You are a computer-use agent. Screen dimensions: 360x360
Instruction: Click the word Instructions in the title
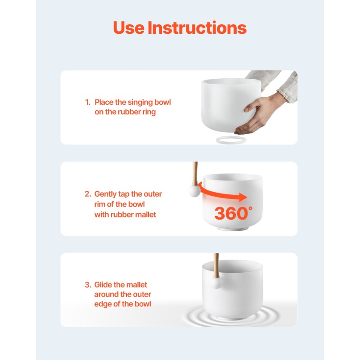(197, 28)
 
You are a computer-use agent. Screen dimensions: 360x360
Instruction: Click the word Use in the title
(129, 28)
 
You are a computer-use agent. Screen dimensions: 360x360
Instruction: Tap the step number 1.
(88, 102)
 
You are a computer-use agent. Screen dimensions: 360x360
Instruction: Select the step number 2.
(88, 194)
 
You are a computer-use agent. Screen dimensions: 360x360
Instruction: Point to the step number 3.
(88, 285)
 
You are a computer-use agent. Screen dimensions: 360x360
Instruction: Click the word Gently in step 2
(105, 194)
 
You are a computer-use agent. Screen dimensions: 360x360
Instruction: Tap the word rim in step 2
(99, 204)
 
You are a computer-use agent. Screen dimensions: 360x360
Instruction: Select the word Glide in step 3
(103, 285)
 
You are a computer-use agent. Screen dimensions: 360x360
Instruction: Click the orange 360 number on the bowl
(231, 213)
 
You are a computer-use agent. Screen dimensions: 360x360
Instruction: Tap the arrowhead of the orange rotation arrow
(243, 197)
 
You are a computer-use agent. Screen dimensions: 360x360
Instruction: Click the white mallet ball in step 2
(194, 191)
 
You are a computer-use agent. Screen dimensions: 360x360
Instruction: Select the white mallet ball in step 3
(216, 283)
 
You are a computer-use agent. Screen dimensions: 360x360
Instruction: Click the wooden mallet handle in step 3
(216, 265)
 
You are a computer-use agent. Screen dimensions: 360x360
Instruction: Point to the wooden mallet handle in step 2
(195, 174)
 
